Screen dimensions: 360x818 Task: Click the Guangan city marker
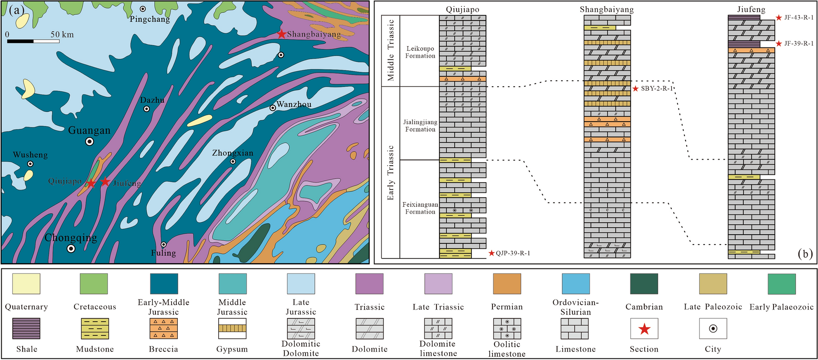(89, 141)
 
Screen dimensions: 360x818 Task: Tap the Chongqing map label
(71, 238)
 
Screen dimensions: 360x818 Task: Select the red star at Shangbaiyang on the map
(281, 34)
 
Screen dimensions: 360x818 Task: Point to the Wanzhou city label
(294, 104)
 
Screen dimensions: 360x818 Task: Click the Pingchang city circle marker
(143, 9)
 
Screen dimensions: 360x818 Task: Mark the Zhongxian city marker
(233, 161)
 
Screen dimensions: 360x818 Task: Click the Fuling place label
(163, 253)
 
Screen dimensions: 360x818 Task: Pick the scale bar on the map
(33, 41)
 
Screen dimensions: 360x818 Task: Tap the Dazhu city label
(152, 100)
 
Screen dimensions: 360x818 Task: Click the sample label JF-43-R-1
(799, 18)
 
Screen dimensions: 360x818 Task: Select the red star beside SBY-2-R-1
(636, 89)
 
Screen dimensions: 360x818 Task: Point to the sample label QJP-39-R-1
(513, 253)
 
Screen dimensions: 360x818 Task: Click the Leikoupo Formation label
(420, 52)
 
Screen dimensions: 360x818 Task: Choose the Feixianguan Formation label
(420, 208)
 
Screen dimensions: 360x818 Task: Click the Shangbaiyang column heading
(606, 9)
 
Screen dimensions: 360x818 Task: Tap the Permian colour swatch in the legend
(507, 284)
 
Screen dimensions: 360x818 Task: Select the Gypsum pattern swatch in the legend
(232, 329)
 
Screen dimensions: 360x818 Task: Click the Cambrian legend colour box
(644, 284)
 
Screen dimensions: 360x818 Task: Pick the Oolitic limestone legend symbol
(507, 329)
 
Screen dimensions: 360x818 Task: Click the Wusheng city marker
(30, 164)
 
